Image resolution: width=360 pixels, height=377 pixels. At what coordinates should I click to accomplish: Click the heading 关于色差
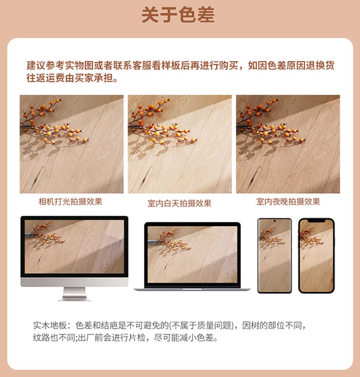point(178,15)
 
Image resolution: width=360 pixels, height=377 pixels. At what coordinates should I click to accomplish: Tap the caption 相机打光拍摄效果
point(70,201)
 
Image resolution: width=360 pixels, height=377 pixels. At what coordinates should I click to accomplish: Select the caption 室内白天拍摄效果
point(179,203)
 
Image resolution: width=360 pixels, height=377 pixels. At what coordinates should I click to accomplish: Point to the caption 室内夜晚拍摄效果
point(288,201)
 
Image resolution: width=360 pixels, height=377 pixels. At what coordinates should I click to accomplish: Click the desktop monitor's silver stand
point(74,294)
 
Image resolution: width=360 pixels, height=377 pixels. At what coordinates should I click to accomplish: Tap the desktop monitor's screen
point(74,247)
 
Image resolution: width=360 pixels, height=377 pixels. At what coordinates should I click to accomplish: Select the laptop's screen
point(192,254)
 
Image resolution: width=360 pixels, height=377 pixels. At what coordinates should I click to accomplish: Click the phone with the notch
point(316,255)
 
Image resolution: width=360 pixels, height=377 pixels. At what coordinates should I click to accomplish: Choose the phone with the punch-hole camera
point(274,255)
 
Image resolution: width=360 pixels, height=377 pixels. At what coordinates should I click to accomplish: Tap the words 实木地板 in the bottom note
point(50,326)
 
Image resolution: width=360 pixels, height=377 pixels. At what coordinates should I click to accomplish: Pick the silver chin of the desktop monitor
point(74,282)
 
